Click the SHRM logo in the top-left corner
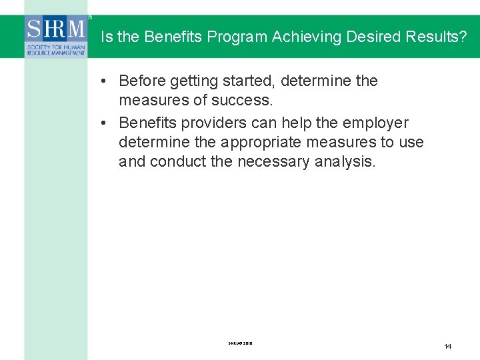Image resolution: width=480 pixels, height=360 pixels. click(x=57, y=37)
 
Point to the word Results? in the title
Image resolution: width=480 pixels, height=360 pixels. click(x=435, y=37)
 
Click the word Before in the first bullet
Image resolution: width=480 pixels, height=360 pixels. click(x=142, y=81)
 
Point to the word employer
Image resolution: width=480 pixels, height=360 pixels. click(x=375, y=123)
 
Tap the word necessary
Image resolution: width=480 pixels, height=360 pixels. click(x=271, y=162)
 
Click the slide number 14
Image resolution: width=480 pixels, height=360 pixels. click(x=447, y=346)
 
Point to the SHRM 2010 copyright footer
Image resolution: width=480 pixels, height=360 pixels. click(x=240, y=344)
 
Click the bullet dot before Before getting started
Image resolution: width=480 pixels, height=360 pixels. click(x=105, y=81)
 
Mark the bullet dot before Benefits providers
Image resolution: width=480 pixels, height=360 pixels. click(x=105, y=123)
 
